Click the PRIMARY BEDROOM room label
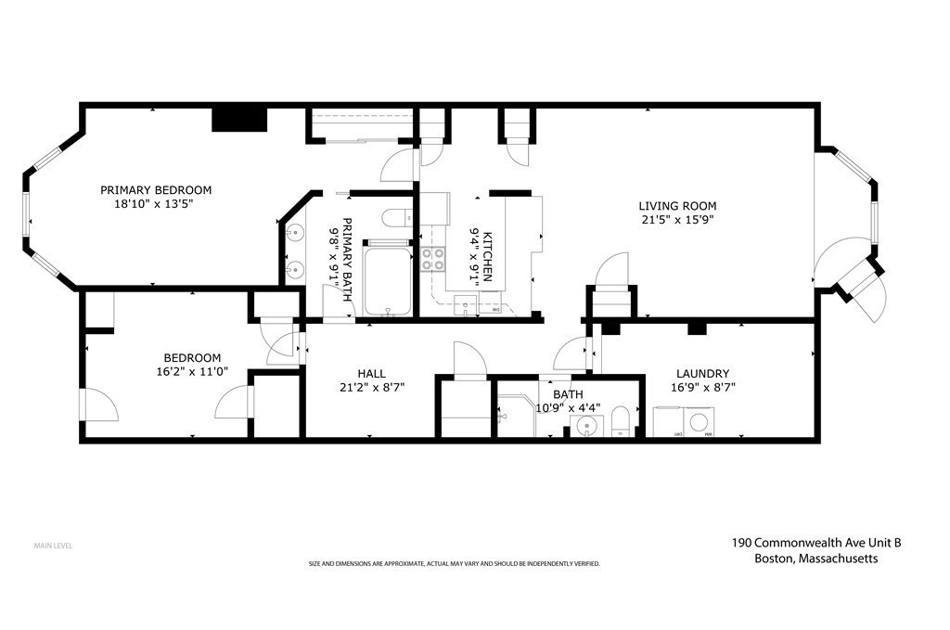(x=156, y=189)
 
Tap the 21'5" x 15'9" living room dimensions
(x=676, y=220)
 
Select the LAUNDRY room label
(x=702, y=373)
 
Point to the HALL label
(x=370, y=373)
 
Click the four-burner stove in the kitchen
(x=432, y=259)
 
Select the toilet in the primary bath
(x=396, y=219)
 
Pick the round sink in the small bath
(x=584, y=427)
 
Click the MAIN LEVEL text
(x=53, y=546)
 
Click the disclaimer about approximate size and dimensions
(x=454, y=564)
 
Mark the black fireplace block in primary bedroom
(x=239, y=119)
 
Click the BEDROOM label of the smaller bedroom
(x=192, y=358)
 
